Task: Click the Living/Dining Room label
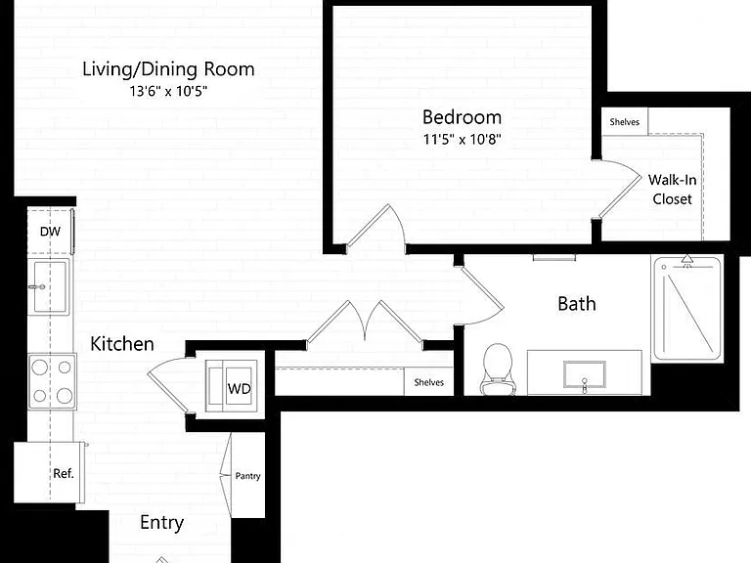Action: click(168, 69)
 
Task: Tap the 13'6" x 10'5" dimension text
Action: click(168, 91)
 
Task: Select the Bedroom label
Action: click(462, 117)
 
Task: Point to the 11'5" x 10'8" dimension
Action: click(462, 140)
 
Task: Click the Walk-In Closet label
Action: click(672, 190)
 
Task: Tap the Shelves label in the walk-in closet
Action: click(624, 122)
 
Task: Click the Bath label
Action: click(577, 304)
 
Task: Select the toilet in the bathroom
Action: click(498, 369)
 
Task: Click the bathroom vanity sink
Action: click(585, 374)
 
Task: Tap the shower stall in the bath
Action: click(687, 309)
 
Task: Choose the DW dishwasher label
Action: click(50, 232)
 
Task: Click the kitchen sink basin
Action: click(49, 286)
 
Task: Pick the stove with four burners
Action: click(52, 381)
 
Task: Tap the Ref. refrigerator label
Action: click(64, 473)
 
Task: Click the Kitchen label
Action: click(122, 344)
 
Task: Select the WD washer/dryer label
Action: click(239, 388)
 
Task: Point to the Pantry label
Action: click(247, 476)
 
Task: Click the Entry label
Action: click(162, 523)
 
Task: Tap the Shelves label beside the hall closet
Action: click(428, 382)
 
